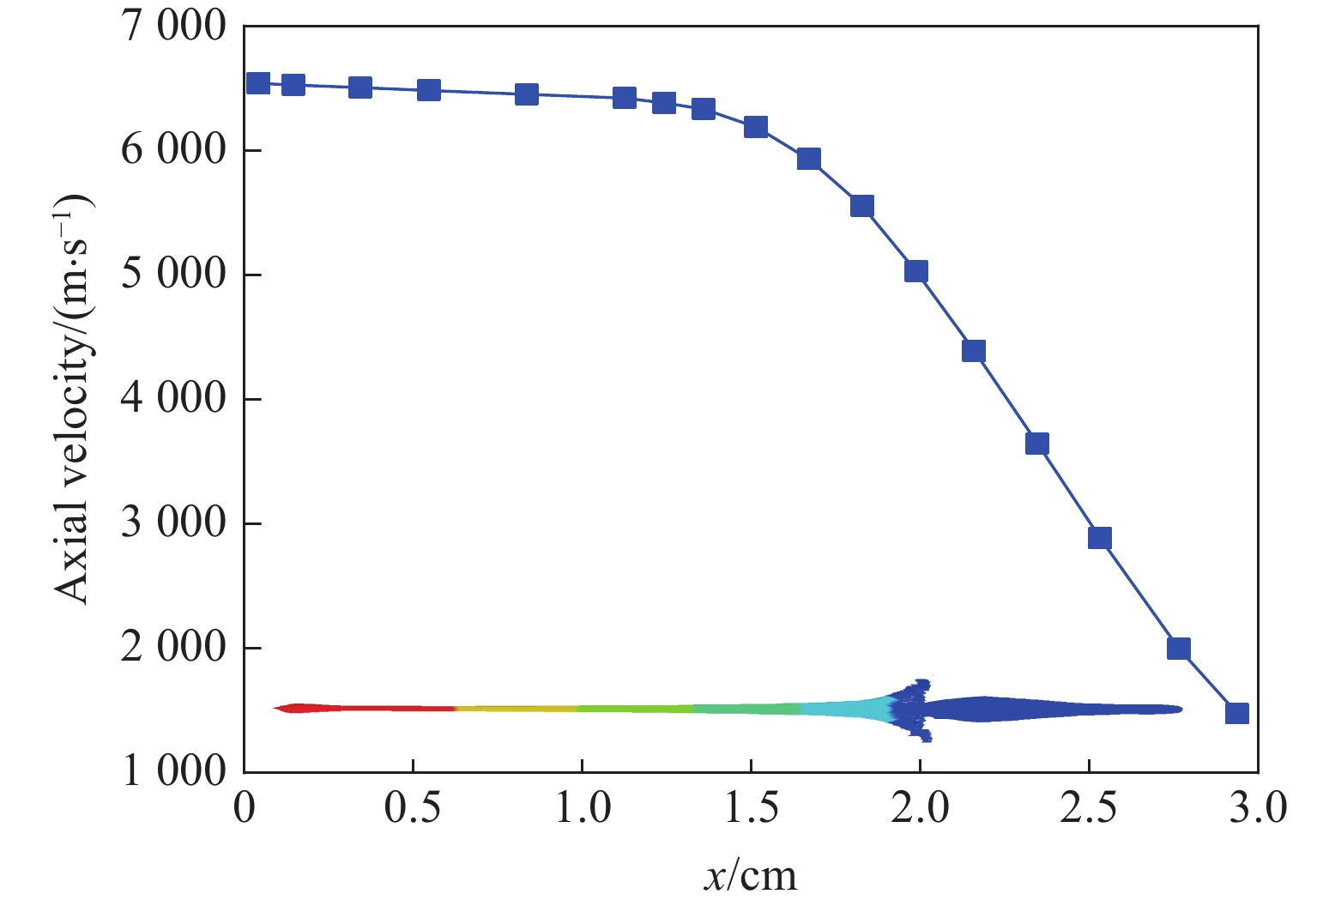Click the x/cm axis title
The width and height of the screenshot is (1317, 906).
751,876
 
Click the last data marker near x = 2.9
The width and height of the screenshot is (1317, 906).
1236,713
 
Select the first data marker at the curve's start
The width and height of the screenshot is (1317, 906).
258,83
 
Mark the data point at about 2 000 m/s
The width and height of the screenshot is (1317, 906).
1179,648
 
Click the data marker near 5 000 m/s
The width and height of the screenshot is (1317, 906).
916,271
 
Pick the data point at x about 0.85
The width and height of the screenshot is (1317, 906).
527,94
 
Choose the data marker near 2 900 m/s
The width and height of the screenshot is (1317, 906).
1100,538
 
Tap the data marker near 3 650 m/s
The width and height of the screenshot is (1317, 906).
1037,444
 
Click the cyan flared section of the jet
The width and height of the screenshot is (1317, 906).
849,709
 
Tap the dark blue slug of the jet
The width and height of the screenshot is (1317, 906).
1030,709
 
